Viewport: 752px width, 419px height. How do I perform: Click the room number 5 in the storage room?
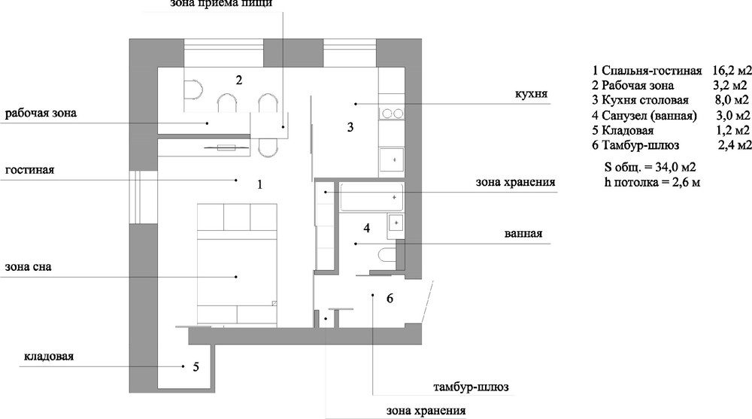point(196,367)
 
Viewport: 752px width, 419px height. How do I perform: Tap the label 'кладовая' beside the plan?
point(49,357)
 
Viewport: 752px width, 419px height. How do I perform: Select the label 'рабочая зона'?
point(41,114)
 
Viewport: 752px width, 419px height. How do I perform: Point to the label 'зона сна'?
point(29,267)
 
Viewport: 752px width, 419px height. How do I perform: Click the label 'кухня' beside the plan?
point(532,93)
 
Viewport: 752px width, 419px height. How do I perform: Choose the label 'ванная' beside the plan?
point(523,234)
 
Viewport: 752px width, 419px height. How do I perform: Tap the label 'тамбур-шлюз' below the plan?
point(471,387)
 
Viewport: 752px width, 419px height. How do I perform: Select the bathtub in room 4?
point(371,197)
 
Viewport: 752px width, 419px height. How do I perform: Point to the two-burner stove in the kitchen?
point(392,114)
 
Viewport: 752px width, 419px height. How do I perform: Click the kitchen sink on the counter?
point(392,159)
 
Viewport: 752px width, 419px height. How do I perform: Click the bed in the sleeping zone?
point(237,264)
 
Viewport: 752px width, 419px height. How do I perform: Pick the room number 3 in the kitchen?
point(350,127)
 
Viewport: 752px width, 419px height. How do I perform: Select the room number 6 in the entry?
point(390,299)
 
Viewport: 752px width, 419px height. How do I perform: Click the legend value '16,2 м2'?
point(732,71)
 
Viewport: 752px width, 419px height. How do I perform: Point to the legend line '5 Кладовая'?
point(623,131)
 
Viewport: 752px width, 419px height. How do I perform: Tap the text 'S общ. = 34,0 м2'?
point(650,168)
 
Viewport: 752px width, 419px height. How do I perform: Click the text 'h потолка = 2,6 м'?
point(652,182)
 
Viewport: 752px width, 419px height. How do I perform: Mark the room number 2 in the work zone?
point(239,80)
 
